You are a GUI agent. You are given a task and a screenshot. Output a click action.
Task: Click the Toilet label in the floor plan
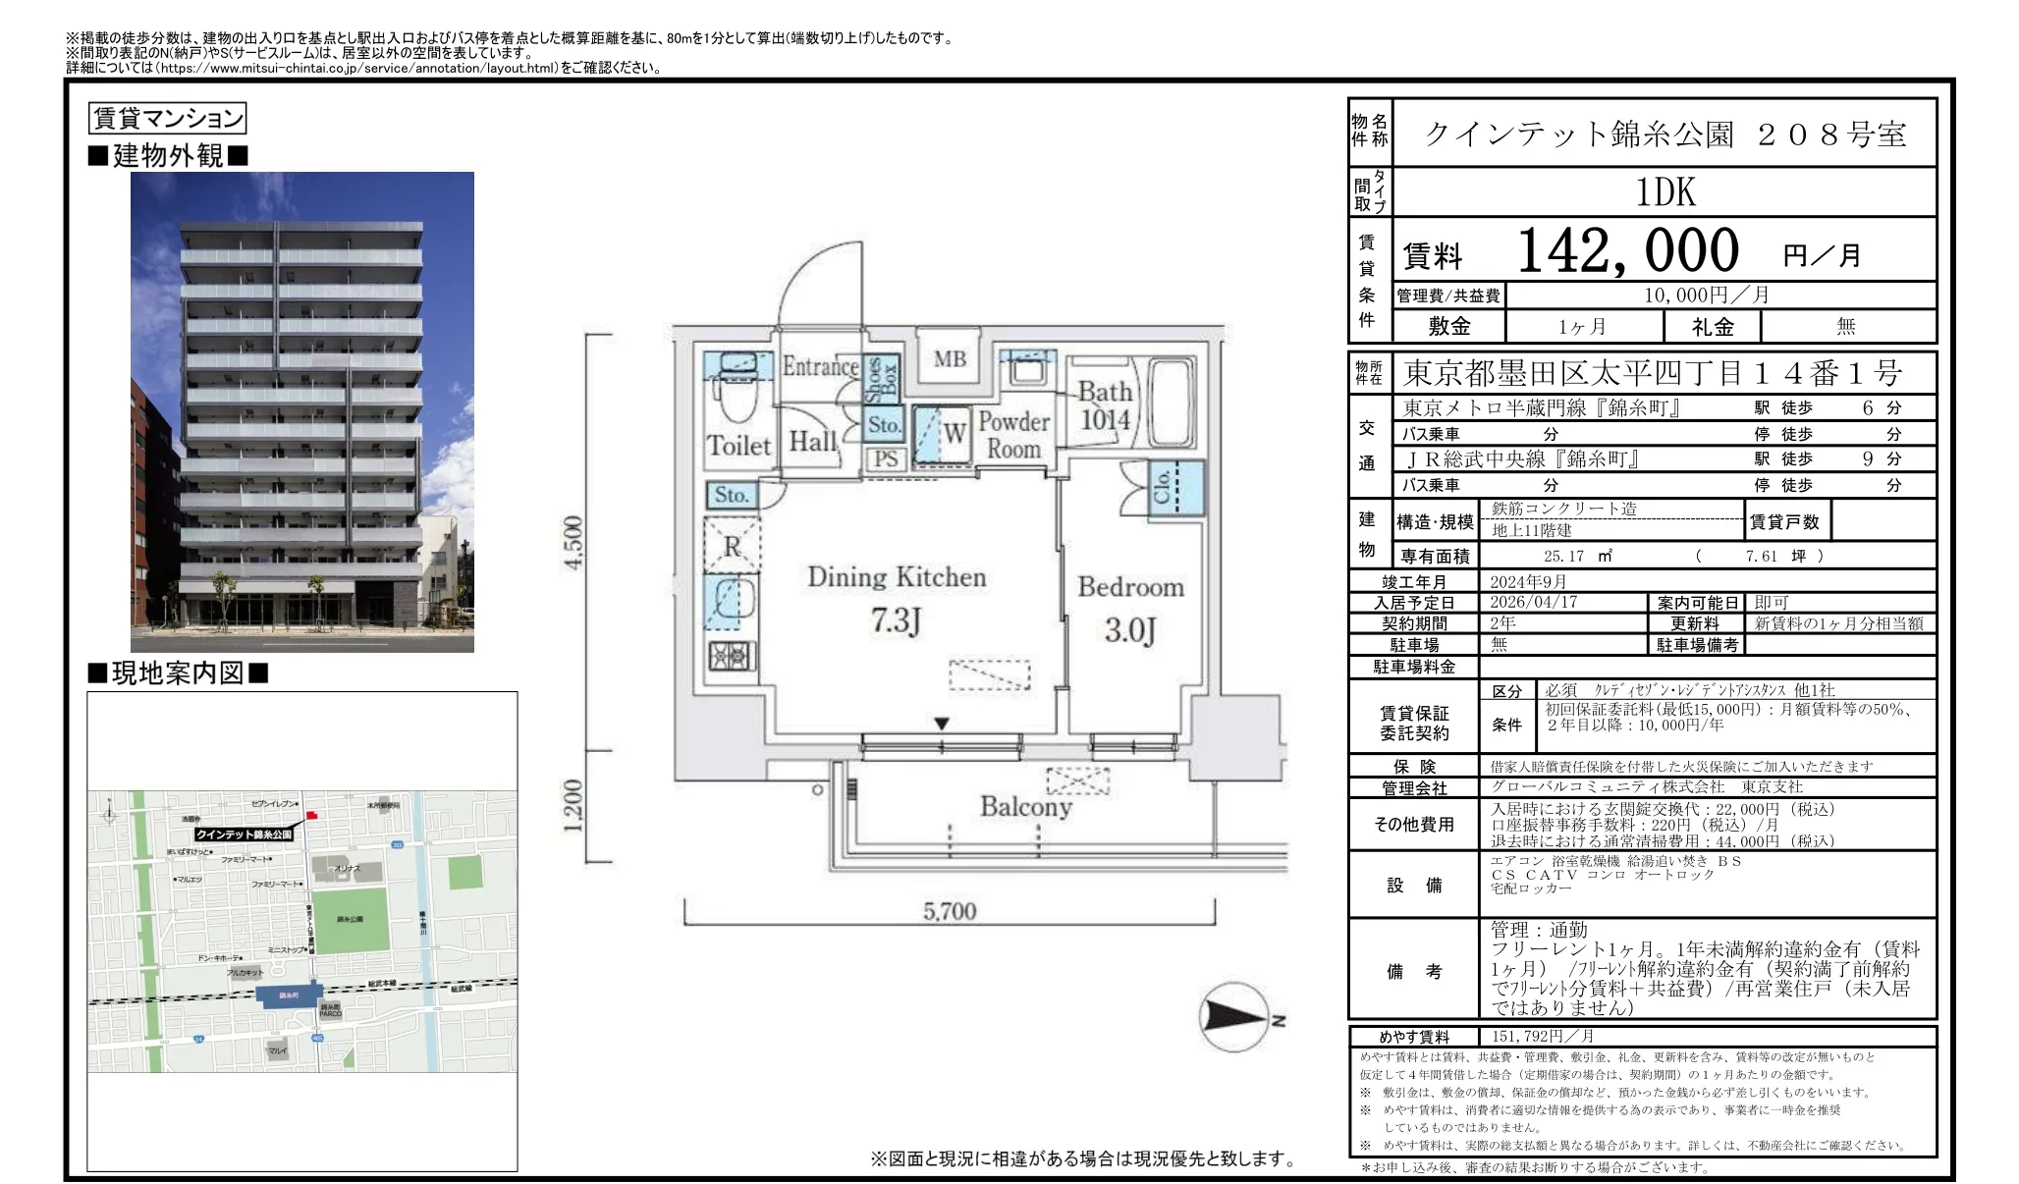coord(738,446)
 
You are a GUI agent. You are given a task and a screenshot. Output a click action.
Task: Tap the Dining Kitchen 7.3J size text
coord(896,620)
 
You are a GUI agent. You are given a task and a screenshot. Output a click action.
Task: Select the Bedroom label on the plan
coord(1130,587)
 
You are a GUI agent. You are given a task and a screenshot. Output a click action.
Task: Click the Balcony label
coord(1025,807)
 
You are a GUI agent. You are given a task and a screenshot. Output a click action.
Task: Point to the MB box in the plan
coord(950,359)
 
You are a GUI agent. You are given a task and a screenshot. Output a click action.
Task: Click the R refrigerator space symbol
coord(733,547)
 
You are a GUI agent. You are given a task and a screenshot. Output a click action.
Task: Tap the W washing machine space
coord(954,433)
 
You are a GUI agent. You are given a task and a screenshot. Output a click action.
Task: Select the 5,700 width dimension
coord(950,911)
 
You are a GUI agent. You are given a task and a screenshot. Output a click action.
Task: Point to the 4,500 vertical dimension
coord(573,541)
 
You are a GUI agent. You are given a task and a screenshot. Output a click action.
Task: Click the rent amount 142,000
coord(1628,251)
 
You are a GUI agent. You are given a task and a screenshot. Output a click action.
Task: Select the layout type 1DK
coord(1665,192)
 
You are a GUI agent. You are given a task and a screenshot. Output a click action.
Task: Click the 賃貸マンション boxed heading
coord(167,119)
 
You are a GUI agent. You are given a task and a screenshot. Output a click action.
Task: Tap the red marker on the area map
coord(312,815)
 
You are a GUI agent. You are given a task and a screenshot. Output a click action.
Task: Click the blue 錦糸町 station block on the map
coord(288,996)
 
